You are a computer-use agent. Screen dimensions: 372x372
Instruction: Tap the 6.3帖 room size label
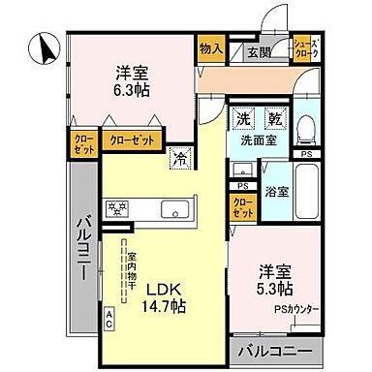[132, 80]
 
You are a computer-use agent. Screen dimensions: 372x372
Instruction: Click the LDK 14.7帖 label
[167, 295]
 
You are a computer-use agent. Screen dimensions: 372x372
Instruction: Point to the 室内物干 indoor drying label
[131, 270]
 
